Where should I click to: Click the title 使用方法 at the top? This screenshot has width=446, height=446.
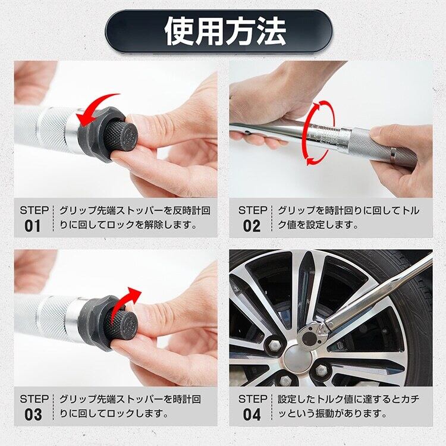pyautogui.click(x=225, y=31)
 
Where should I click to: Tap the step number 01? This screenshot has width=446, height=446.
pyautogui.click(x=33, y=226)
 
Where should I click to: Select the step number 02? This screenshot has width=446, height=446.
pyautogui.click(x=252, y=226)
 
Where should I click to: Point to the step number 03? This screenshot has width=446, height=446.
pyautogui.click(x=33, y=414)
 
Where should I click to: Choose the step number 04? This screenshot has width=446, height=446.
pyautogui.click(x=252, y=414)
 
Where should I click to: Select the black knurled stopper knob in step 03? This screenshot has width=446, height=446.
pyautogui.click(x=123, y=324)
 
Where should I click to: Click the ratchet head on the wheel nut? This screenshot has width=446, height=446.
pyautogui.click(x=312, y=335)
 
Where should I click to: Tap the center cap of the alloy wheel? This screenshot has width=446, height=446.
pyautogui.click(x=297, y=358)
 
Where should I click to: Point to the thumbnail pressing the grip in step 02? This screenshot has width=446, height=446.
pyautogui.click(x=378, y=131)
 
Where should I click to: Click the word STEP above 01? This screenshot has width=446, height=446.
pyautogui.click(x=34, y=211)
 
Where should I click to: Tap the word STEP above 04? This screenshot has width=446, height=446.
pyautogui.click(x=253, y=399)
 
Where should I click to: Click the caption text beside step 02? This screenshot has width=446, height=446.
pyautogui.click(x=348, y=218)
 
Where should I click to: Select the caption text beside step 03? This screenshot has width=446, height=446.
pyautogui.click(x=130, y=406)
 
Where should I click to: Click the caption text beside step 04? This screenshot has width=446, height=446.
pyautogui.click(x=348, y=406)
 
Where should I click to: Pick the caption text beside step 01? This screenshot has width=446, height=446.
pyautogui.click(x=135, y=218)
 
